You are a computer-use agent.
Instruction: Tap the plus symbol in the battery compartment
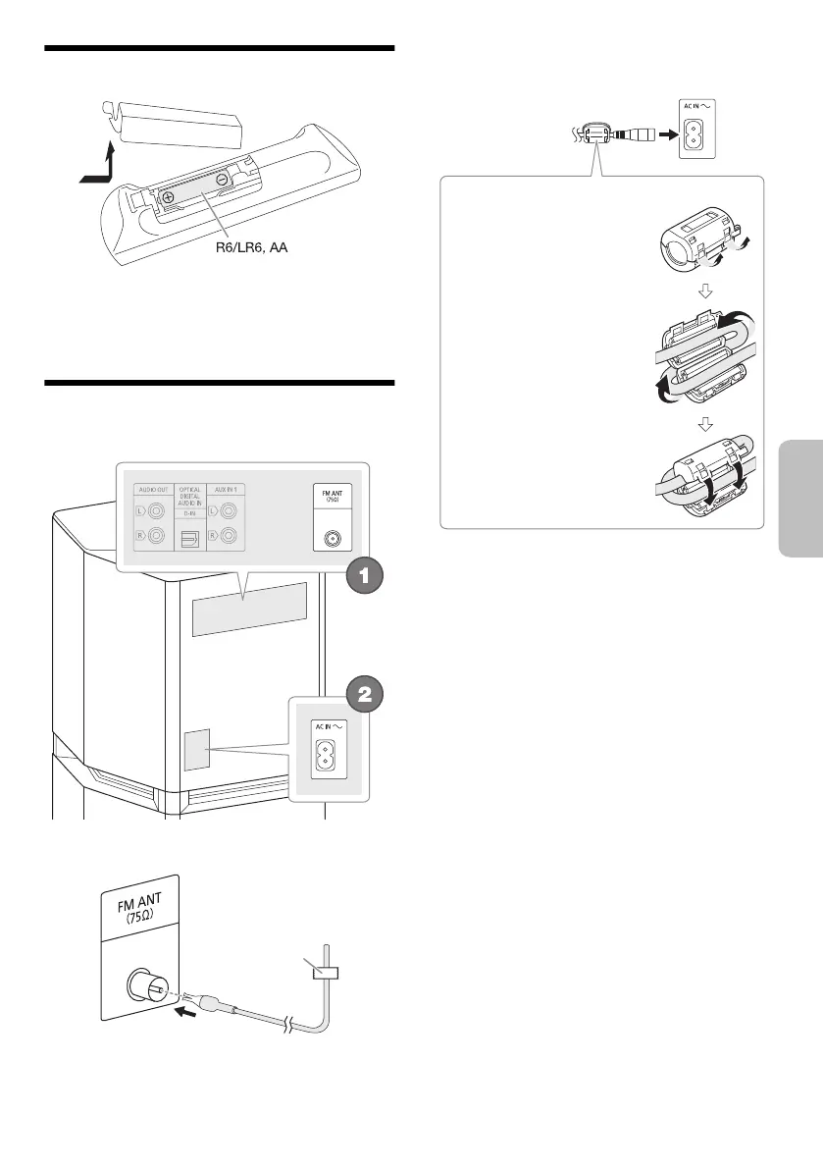pos(169,196)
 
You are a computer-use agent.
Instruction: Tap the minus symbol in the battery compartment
pos(223,179)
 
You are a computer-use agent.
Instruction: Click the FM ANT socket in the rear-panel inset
pos(327,539)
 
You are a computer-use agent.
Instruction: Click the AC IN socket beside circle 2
pos(324,755)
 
